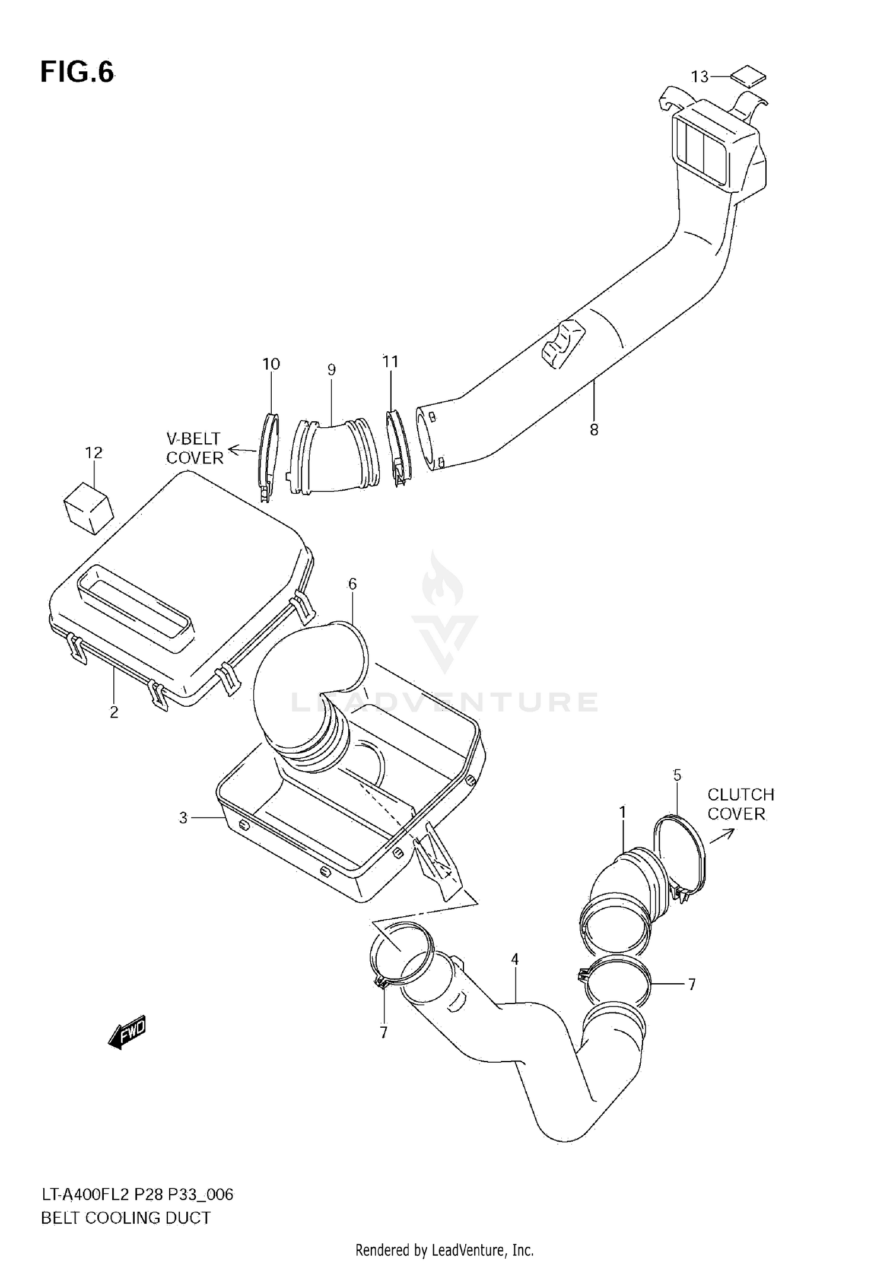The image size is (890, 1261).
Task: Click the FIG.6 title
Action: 77,72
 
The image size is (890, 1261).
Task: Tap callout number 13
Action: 700,77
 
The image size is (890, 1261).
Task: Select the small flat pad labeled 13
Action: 748,77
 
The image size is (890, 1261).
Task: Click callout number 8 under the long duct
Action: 594,430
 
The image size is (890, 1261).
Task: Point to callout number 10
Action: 271,364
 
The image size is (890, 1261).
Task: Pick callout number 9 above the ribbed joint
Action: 331,370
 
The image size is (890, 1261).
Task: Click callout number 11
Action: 390,361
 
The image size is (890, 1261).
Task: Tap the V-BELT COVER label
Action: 194,448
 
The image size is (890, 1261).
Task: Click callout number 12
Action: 94,453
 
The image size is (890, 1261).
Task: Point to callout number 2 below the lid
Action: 114,712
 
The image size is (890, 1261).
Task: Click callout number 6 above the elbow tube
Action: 352,584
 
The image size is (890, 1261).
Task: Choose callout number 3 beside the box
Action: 183,818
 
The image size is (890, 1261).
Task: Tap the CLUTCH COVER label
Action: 740,804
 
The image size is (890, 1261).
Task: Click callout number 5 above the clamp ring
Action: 677,775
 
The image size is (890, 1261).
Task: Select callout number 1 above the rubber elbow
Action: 622,812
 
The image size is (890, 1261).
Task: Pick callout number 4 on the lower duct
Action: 514,959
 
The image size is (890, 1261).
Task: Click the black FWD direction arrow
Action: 126,1033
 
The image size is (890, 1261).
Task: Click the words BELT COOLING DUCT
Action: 126,1218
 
